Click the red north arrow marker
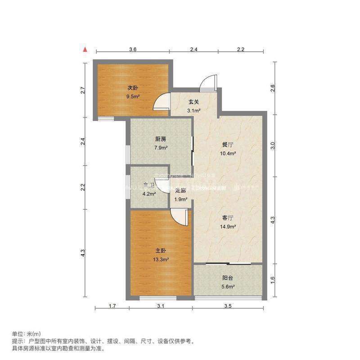[x=84, y=48]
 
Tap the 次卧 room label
[x=131, y=88]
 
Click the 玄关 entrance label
[x=193, y=102]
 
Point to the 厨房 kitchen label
[x=161, y=139]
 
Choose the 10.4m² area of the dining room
[x=228, y=153]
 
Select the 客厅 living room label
[x=228, y=218]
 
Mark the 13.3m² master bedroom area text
[x=161, y=259]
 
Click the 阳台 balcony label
[x=228, y=278]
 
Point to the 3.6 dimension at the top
[x=132, y=49]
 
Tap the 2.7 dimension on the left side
[x=83, y=90]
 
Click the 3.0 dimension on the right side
[x=272, y=145]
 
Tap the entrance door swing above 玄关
[x=209, y=84]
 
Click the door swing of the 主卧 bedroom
[x=180, y=217]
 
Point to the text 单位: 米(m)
[x=26, y=334]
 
